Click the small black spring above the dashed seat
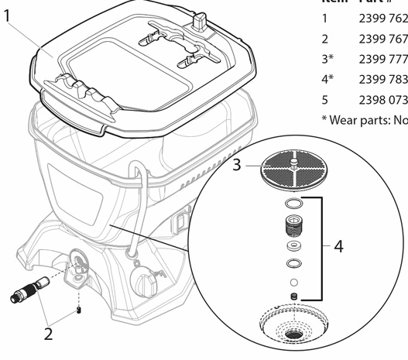click(x=293, y=297)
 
